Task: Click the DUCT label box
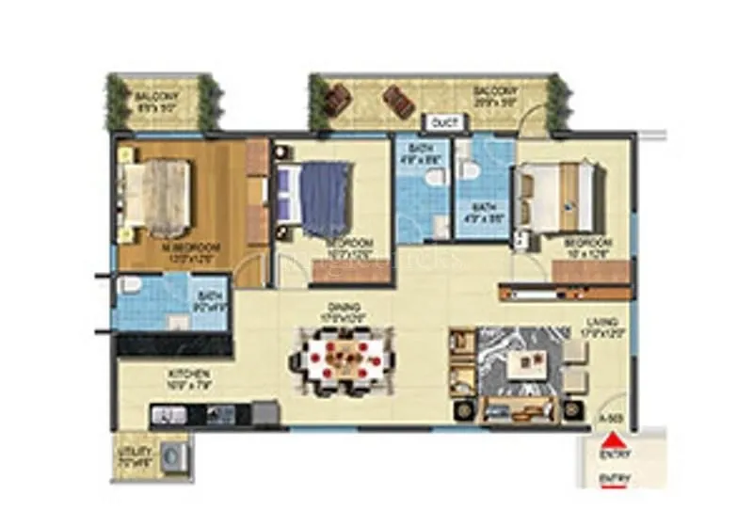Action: [441, 122]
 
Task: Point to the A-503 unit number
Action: [612, 417]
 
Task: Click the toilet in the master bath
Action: [130, 285]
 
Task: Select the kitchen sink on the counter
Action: [168, 413]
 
